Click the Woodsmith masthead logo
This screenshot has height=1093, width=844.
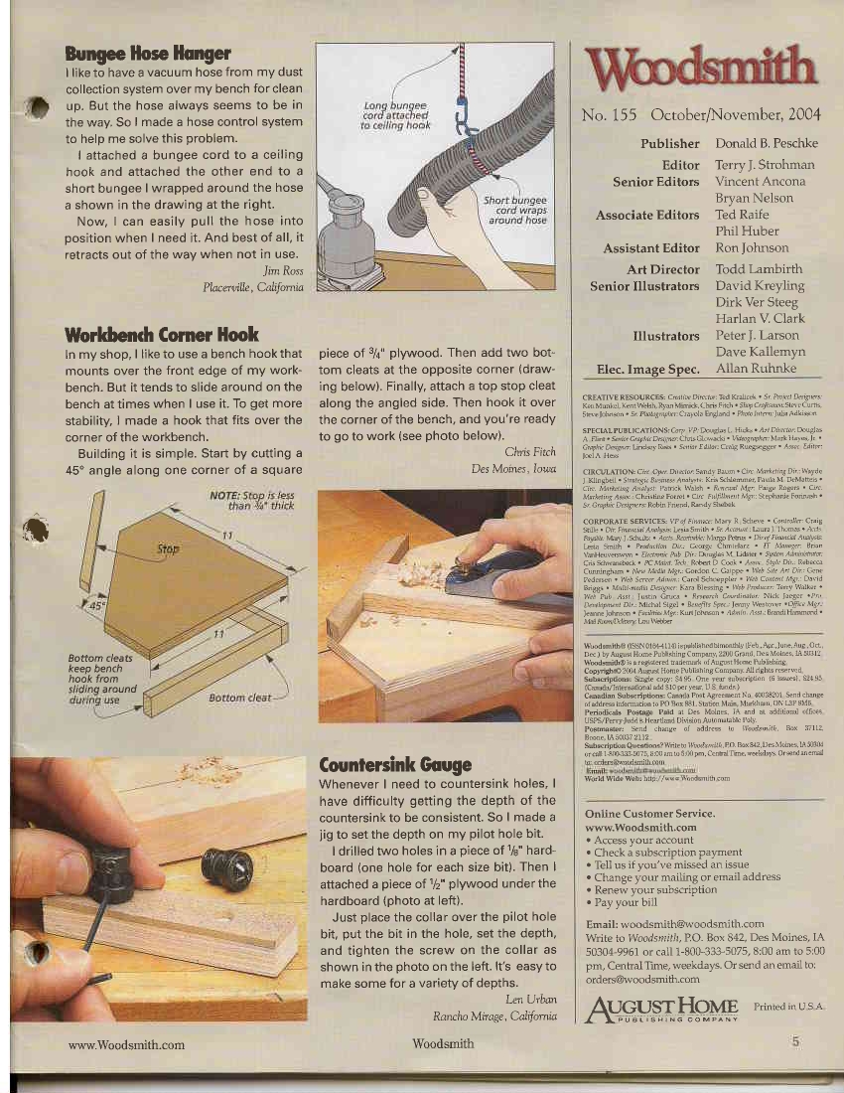pyautogui.click(x=702, y=70)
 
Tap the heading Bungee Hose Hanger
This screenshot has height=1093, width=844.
pyautogui.click(x=147, y=53)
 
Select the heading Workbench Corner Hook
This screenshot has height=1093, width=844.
pyautogui.click(x=162, y=334)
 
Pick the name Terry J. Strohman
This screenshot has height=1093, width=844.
pyautogui.click(x=765, y=165)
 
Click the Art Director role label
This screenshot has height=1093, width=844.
pyautogui.click(x=663, y=269)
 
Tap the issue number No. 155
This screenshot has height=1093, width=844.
pyautogui.click(x=609, y=114)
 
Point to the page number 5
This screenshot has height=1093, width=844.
pyautogui.click(x=795, y=1042)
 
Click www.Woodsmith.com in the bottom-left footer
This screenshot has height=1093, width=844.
pyautogui.click(x=126, y=1044)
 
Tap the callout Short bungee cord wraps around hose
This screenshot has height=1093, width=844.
pyautogui.click(x=514, y=210)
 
